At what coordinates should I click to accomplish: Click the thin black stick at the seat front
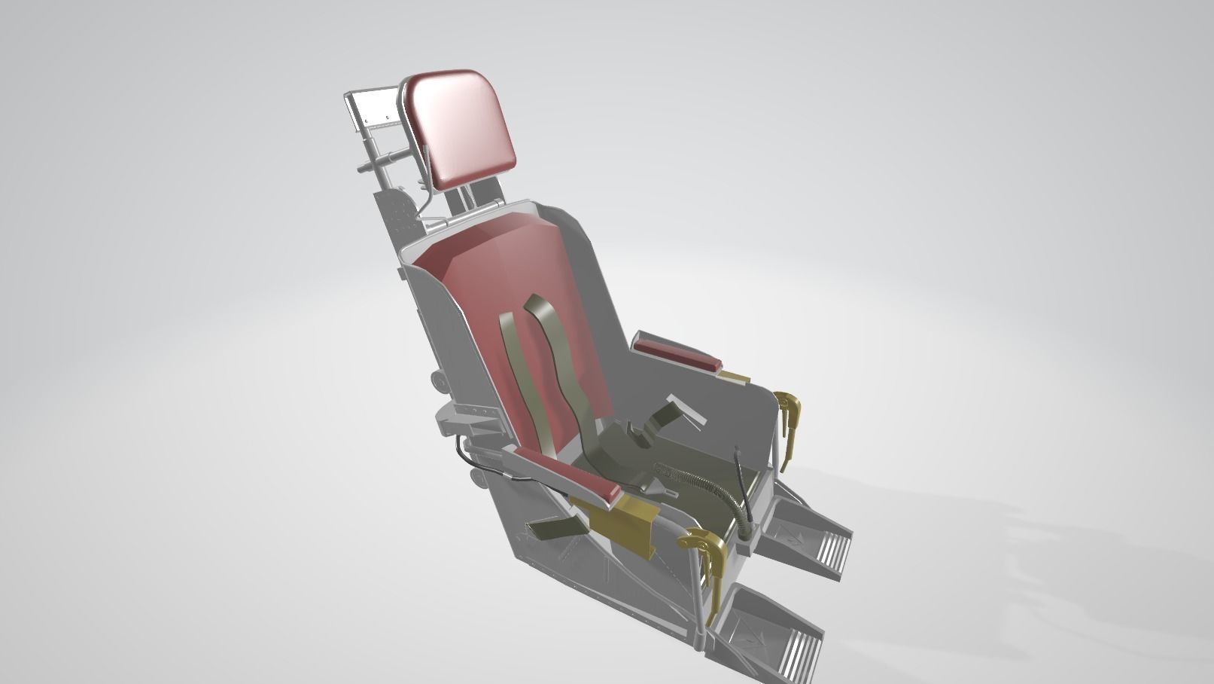pyautogui.click(x=740, y=475)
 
